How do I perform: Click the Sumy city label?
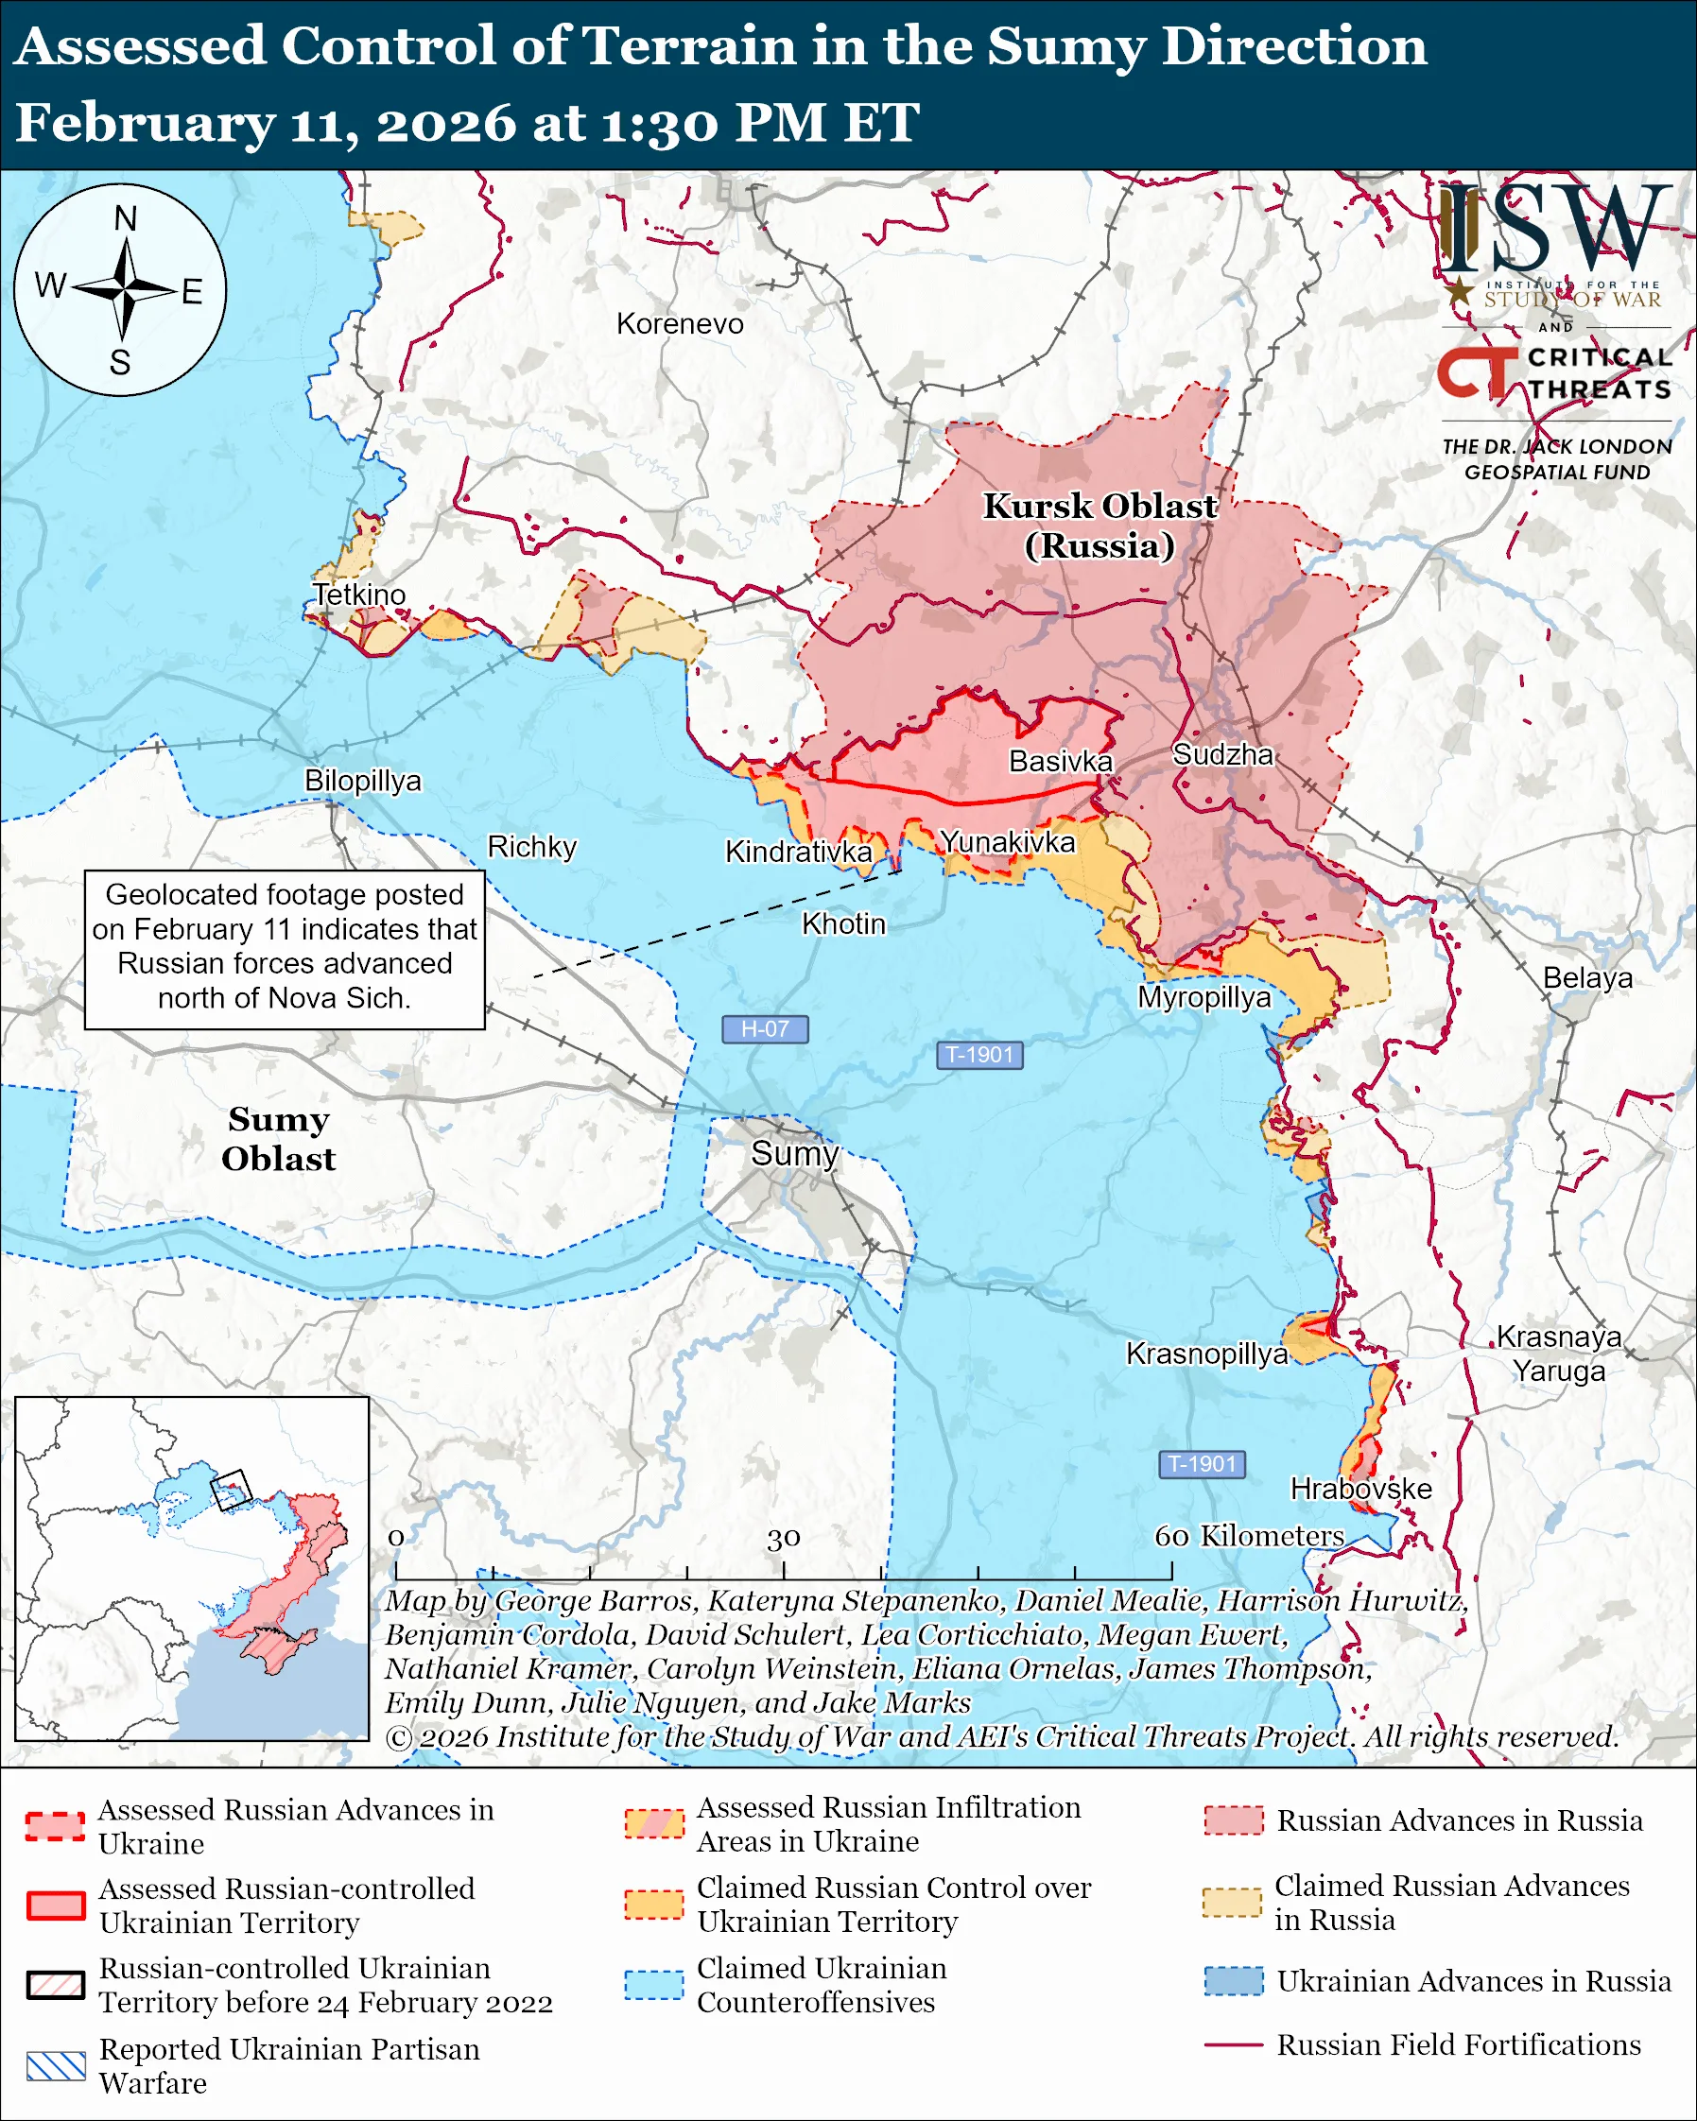point(794,1153)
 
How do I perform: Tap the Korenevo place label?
point(680,323)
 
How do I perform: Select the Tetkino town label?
point(359,595)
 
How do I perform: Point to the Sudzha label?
point(1222,754)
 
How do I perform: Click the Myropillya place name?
point(1204,997)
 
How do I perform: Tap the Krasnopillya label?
point(1206,1354)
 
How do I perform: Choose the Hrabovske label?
point(1360,1489)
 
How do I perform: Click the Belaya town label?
point(1586,978)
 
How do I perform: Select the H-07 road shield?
point(765,1029)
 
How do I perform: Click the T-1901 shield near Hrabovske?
point(1202,1464)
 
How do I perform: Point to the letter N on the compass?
point(125,218)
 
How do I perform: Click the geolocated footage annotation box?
point(285,948)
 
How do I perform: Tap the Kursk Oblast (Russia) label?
point(1100,526)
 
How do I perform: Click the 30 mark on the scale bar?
point(783,1538)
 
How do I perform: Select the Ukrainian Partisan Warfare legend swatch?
point(55,2066)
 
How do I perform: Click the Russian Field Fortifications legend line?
point(1233,2044)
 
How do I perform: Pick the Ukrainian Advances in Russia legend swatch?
point(1233,1980)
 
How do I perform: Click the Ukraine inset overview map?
point(192,1569)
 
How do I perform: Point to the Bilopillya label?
point(362,780)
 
